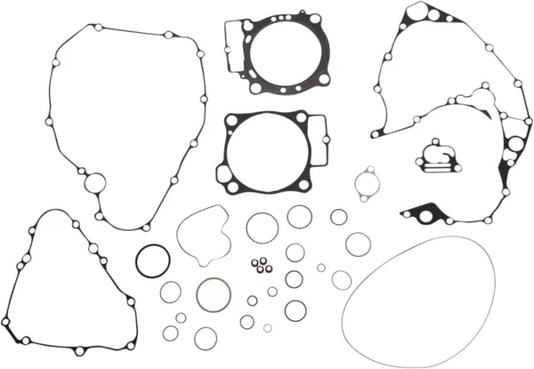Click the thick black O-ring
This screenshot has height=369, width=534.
[153, 261]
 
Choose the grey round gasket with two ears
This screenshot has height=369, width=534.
[364, 185]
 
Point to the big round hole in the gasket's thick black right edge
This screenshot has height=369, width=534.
[514, 147]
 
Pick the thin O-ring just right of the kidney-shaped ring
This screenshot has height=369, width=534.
[262, 227]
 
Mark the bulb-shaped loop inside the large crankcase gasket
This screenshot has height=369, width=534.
[485, 97]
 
